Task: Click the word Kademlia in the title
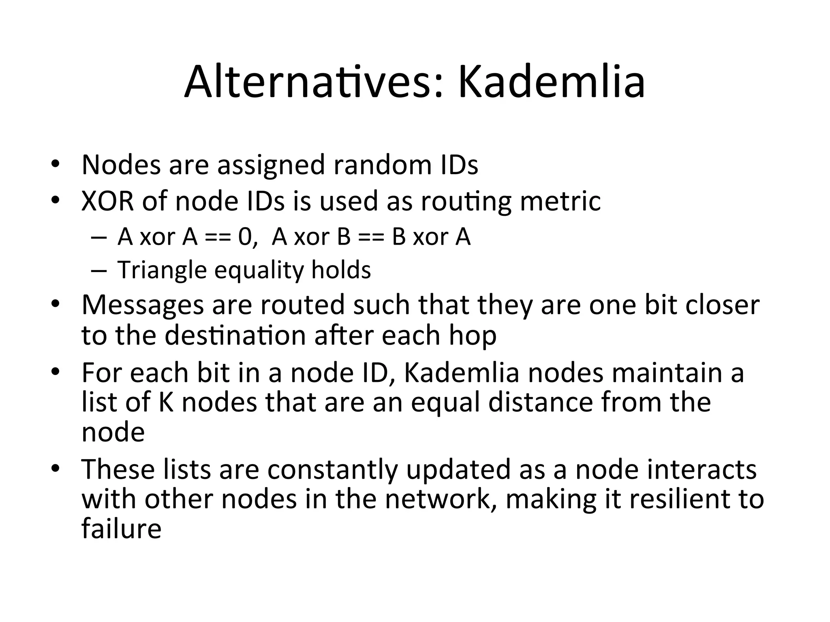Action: (x=551, y=83)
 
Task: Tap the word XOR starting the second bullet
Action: (x=107, y=201)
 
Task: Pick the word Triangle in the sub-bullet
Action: (x=162, y=270)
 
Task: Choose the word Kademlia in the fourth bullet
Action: (x=461, y=373)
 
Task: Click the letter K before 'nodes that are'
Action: (x=166, y=403)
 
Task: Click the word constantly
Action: (x=332, y=470)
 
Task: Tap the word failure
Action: (x=121, y=528)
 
